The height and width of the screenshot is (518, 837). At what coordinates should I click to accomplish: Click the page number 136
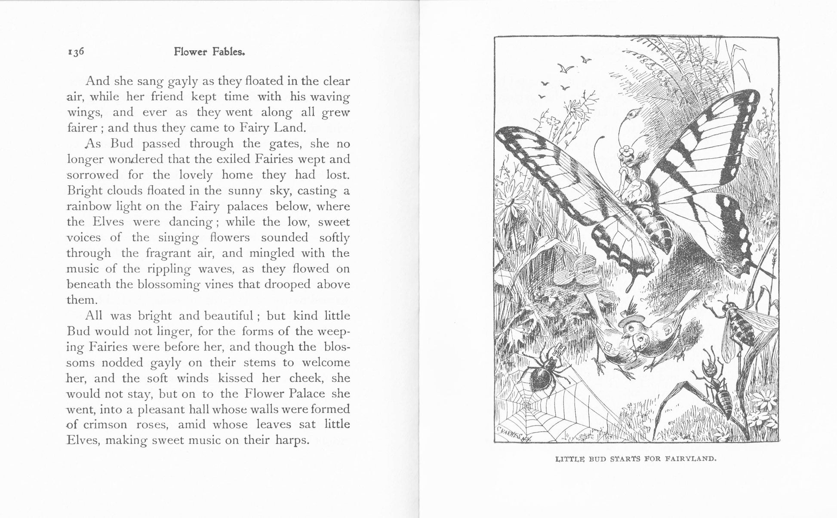pyautogui.click(x=76, y=52)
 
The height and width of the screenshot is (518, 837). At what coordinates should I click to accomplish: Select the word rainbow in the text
pyautogui.click(x=89, y=206)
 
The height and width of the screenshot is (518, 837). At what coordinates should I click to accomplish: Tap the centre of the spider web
pyautogui.click(x=527, y=405)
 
